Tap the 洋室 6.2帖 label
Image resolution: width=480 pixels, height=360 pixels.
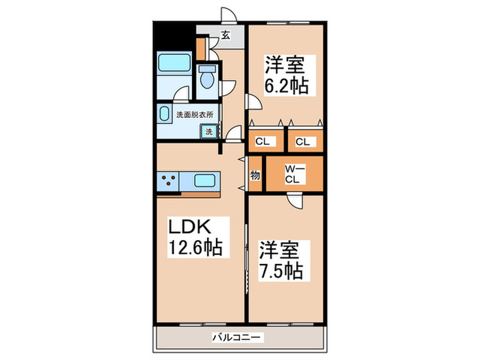click(286, 75)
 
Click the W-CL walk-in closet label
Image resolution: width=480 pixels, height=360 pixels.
click(292, 175)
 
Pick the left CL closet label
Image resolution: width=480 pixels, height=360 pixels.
click(263, 142)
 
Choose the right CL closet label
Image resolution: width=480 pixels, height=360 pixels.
click(302, 142)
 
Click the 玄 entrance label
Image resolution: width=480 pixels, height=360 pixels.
click(225, 36)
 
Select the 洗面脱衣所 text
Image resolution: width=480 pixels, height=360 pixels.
click(195, 115)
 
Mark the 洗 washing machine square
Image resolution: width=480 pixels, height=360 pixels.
click(208, 132)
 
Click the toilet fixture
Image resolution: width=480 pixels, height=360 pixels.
click(206, 79)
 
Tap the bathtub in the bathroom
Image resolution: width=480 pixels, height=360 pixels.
click(174, 64)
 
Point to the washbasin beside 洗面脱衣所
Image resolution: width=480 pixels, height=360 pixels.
click(165, 114)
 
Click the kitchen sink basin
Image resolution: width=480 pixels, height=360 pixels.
click(205, 182)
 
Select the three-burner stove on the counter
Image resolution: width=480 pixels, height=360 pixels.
click(169, 182)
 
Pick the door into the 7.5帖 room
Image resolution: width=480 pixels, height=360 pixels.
click(293, 200)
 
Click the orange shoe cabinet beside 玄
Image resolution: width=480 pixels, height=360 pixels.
click(201, 47)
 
